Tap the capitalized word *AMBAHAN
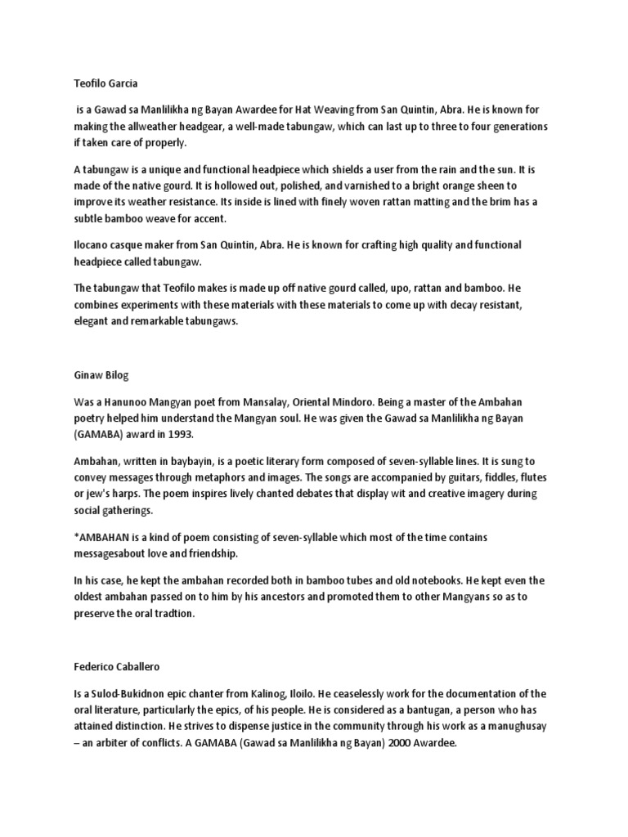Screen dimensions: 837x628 [103, 536]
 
